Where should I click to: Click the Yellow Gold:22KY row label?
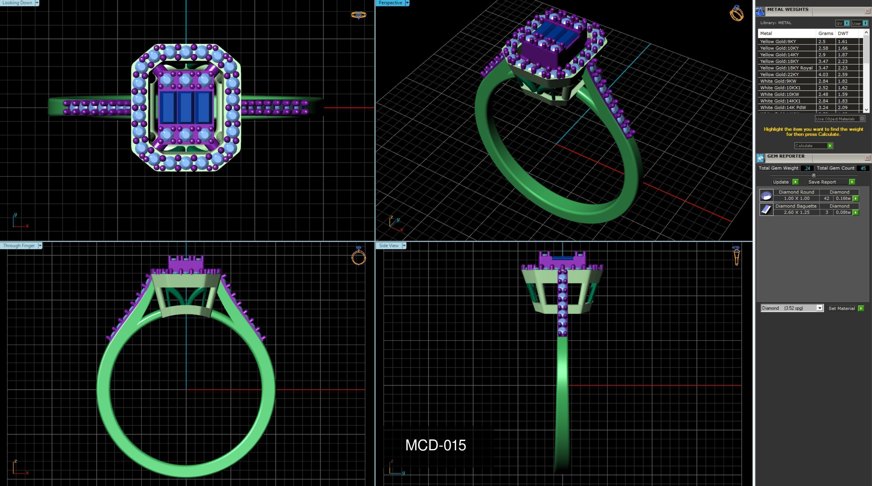[x=779, y=74]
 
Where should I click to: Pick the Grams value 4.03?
[x=823, y=74]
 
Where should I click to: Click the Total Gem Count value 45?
[x=863, y=168]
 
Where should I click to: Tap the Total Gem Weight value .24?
[x=807, y=168]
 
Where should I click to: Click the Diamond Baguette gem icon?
[x=766, y=209]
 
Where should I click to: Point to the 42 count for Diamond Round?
[x=827, y=198]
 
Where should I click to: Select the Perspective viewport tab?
[x=390, y=3]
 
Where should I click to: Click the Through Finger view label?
[x=19, y=245]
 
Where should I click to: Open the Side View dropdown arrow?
[x=404, y=245]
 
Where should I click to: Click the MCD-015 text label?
[x=435, y=445]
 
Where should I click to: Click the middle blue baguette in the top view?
[x=186, y=107]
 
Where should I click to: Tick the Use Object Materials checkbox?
[x=862, y=118]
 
